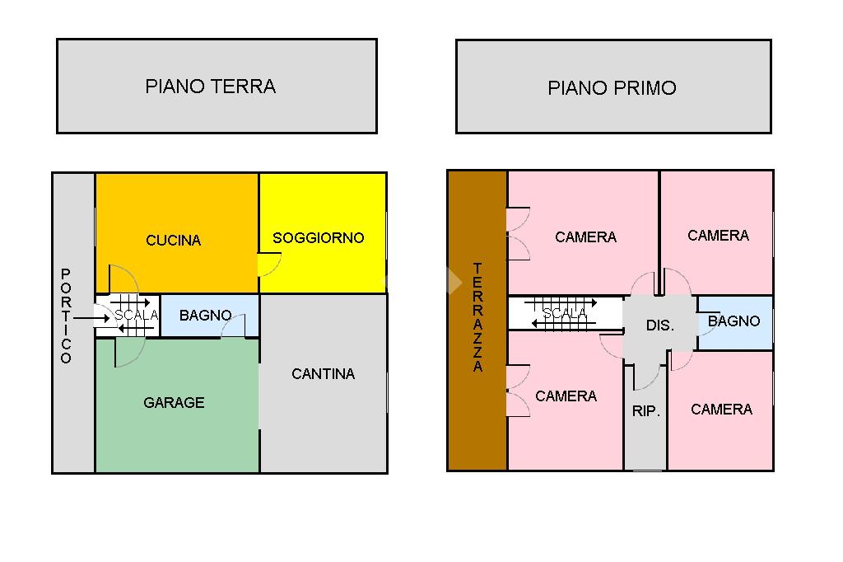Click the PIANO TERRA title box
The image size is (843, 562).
tap(217, 87)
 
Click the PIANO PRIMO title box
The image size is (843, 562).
tap(613, 87)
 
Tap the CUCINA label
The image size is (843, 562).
tap(173, 240)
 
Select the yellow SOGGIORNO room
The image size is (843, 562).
tap(323, 232)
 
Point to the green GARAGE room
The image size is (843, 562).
tap(177, 405)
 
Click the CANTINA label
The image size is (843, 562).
tap(323, 373)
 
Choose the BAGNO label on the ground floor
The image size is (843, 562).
tap(205, 315)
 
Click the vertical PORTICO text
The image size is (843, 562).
tap(66, 316)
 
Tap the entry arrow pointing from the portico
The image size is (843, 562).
tap(91, 318)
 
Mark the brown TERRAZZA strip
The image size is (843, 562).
tap(477, 321)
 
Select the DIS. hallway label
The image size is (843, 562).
tap(659, 325)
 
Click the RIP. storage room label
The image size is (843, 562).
tap(645, 411)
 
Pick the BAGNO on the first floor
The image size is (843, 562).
tap(734, 322)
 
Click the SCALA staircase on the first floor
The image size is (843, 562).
tap(566, 313)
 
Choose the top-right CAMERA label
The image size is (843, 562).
tap(718, 235)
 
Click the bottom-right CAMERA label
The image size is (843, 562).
tap(721, 409)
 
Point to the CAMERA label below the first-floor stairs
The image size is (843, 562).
tap(566, 396)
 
